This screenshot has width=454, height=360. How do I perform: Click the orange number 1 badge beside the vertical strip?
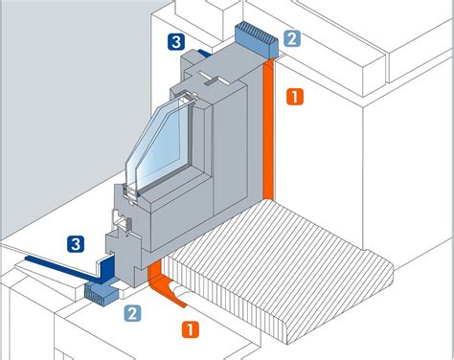point(295,97)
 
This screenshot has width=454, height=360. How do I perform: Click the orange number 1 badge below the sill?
point(191,329)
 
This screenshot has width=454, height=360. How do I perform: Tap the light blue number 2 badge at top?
point(292,38)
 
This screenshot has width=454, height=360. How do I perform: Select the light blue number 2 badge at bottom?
point(132,313)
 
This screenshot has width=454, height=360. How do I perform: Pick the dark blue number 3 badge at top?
point(176,42)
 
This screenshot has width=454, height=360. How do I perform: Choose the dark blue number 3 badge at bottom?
point(76,244)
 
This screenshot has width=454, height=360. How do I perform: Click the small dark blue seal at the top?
point(203,54)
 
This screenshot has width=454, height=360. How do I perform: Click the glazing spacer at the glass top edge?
point(189,96)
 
